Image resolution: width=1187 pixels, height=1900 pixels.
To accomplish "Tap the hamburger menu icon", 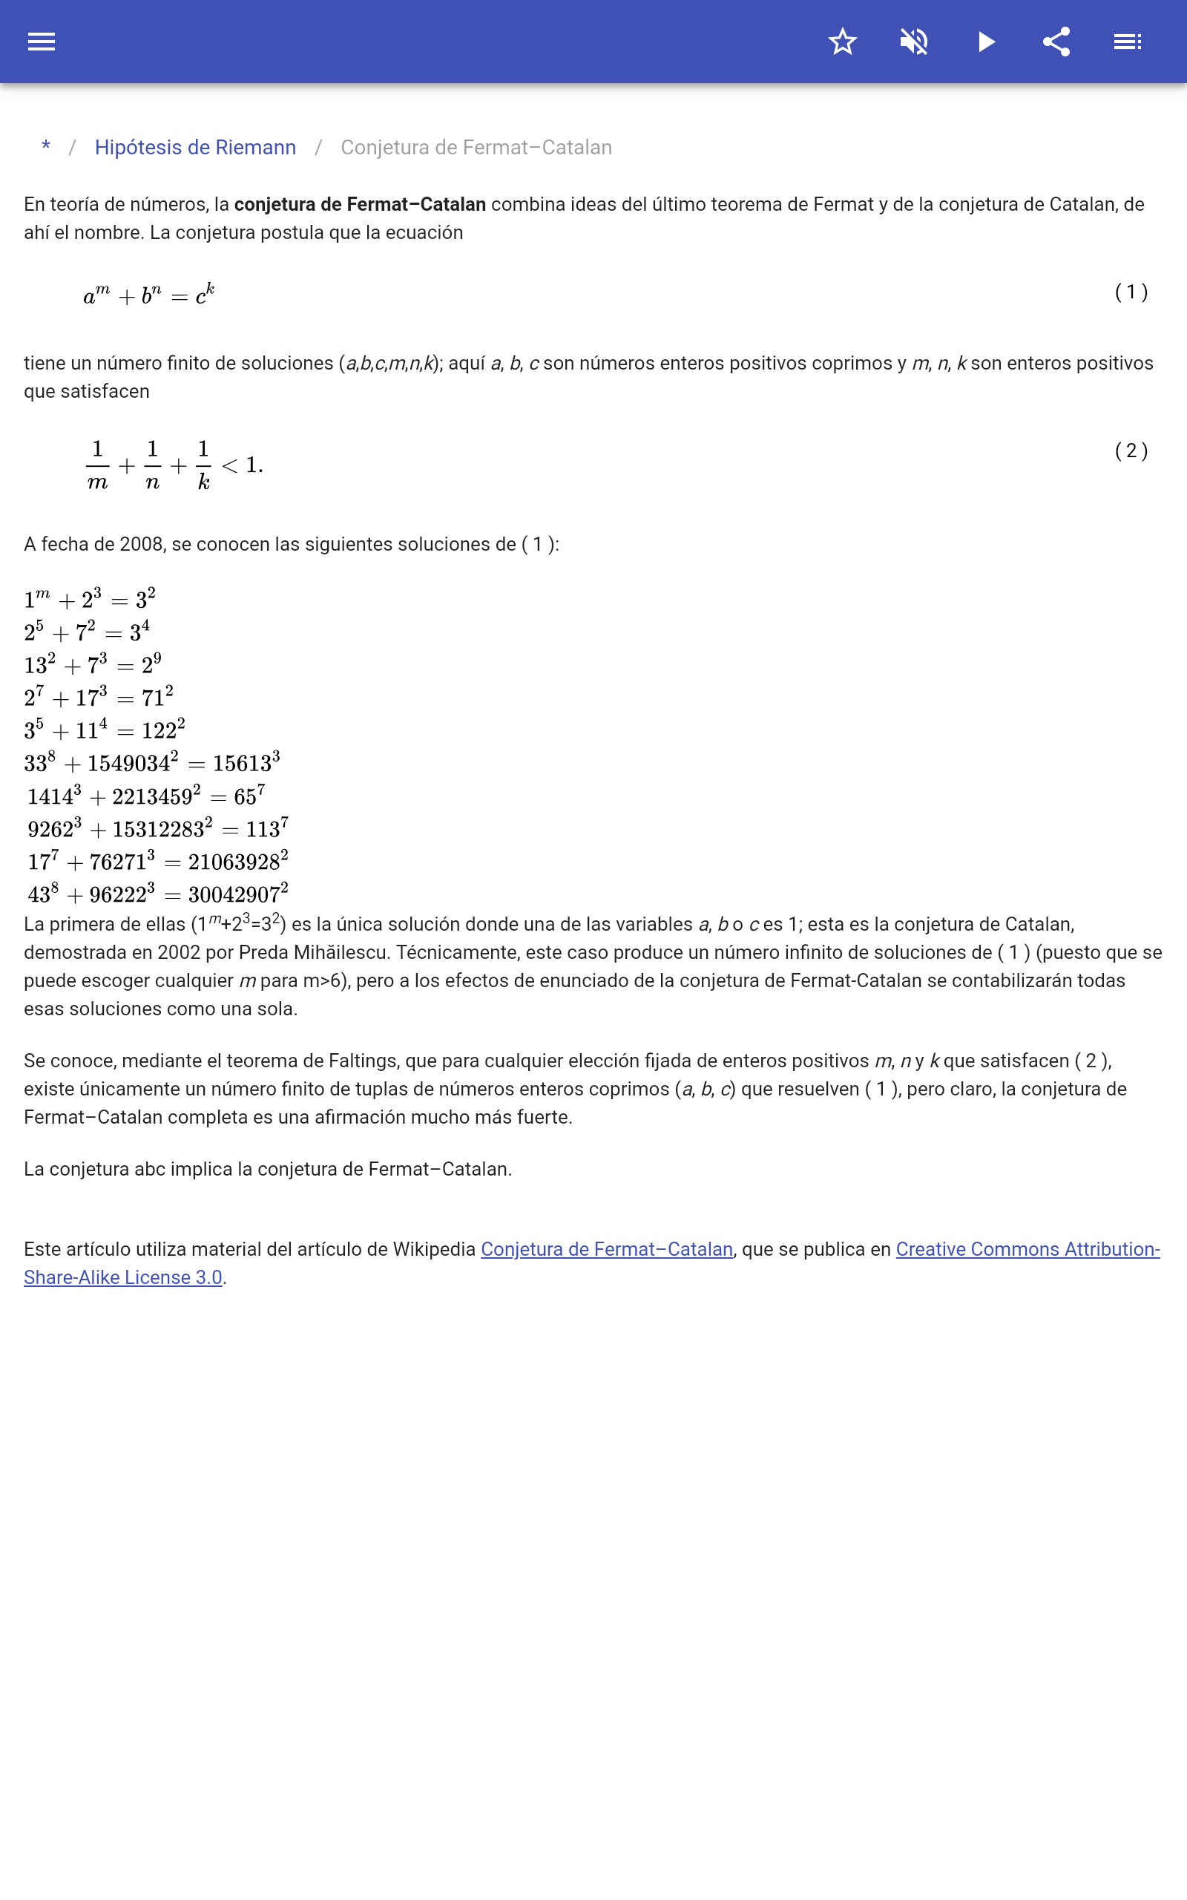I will click(42, 42).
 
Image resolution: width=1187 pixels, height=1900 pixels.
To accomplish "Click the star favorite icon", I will click(842, 42).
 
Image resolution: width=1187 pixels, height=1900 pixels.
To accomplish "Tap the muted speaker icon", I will click(914, 42).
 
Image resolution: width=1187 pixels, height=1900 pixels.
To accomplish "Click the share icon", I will click(1056, 42).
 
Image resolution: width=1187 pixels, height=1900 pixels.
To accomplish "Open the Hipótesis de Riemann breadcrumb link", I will click(195, 148).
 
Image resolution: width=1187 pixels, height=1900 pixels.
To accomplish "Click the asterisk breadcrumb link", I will click(46, 147).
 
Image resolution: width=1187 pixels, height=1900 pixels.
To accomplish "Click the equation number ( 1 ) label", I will click(1131, 292).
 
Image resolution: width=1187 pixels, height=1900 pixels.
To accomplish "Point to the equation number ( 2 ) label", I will click(1131, 451).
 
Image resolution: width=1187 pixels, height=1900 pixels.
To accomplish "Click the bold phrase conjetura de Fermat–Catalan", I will click(360, 204).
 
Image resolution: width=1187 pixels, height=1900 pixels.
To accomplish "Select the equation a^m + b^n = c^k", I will click(149, 295).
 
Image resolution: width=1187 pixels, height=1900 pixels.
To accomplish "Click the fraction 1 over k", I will click(203, 465).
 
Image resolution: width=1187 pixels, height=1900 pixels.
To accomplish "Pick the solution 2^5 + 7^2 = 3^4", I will click(86, 632).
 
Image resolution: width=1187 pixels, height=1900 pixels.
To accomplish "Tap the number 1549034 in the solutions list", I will click(129, 763).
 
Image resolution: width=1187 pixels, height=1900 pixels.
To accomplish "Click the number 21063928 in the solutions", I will click(234, 862).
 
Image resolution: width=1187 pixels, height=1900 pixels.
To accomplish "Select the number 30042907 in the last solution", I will click(234, 895).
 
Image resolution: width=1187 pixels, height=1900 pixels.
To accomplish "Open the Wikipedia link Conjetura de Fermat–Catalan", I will click(606, 1249).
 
